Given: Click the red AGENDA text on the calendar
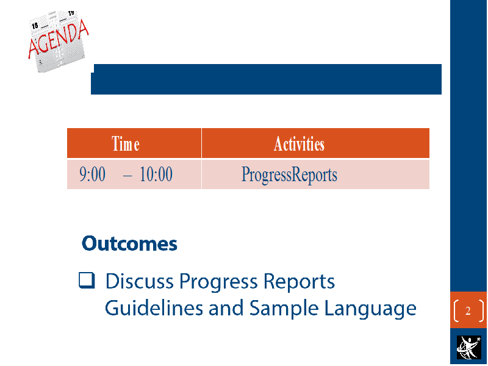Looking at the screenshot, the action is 59,39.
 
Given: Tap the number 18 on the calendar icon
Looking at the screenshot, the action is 35,26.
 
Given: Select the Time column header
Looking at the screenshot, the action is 126,144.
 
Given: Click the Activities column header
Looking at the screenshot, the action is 299,144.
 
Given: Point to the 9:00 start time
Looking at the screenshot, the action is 93,174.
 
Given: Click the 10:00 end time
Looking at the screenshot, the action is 156,174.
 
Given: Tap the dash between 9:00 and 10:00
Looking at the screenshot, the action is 127,176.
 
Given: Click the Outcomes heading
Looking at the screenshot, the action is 129,243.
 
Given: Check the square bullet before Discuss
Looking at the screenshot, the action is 87,281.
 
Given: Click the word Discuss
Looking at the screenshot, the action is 140,281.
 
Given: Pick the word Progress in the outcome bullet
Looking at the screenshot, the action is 218,282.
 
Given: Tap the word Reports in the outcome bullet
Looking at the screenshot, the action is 299,282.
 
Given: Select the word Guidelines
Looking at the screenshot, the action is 154,308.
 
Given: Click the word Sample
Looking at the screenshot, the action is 284,309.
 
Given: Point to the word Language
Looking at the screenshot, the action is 370,310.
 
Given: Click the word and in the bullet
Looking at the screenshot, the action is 226,308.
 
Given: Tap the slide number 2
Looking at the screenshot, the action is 468,310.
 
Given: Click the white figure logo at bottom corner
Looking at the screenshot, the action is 468,347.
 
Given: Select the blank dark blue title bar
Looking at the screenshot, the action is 267,79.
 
